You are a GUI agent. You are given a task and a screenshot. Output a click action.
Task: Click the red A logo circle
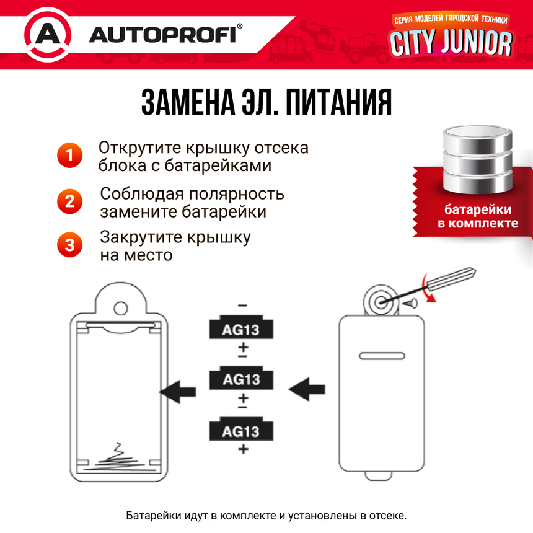click(x=47, y=35)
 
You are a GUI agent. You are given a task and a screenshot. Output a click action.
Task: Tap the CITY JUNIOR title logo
click(x=451, y=42)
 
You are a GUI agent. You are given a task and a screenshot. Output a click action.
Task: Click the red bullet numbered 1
click(x=69, y=155)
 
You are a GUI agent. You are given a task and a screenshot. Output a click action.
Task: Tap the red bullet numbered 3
click(x=69, y=244)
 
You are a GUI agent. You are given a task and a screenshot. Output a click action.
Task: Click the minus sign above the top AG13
click(x=242, y=306)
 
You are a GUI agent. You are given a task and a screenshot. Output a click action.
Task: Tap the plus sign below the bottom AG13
click(x=242, y=449)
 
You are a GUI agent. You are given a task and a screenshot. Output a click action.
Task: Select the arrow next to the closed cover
click(x=307, y=390)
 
